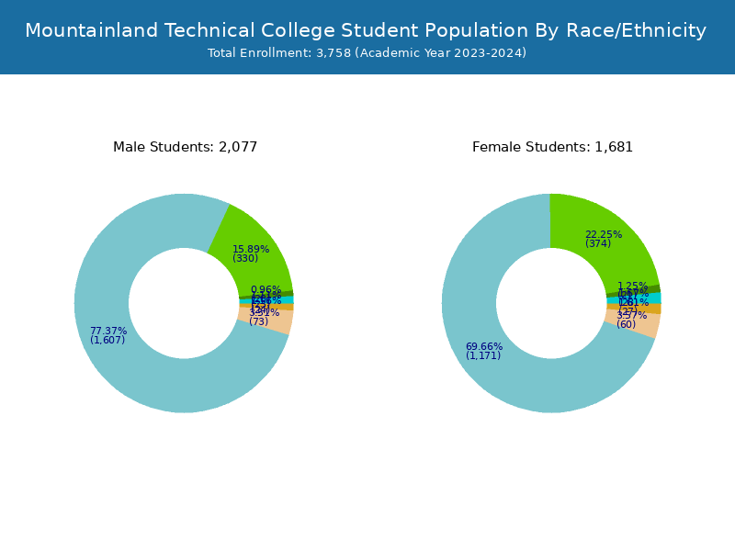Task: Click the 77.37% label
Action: coord(108,331)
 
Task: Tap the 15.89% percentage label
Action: coord(251,249)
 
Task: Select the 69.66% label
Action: coord(484,346)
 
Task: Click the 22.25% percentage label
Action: coord(604,234)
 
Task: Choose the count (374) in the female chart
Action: coord(598,243)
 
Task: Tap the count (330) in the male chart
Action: coord(245,258)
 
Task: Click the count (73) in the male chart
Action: coord(258,321)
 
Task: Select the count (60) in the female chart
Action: coord(626,324)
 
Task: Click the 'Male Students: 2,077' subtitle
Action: coord(185,147)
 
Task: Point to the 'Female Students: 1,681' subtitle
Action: coord(552,147)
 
